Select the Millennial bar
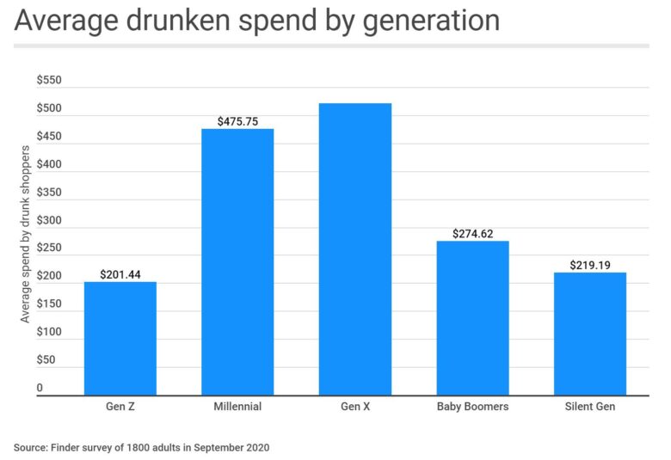coord(237,261)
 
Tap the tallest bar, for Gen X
coord(354,248)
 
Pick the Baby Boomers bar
coord(472,317)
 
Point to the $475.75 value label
coord(237,121)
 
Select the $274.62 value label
coord(472,233)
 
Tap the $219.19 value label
coord(589,265)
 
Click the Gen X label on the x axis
coord(354,407)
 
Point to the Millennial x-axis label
coord(237,407)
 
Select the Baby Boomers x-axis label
coord(472,407)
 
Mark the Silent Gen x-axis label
coord(589,407)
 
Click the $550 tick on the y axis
coord(49,80)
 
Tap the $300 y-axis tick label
coord(49,220)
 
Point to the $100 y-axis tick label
coord(49,332)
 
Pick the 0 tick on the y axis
coord(40,388)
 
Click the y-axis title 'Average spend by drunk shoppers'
coord(25,234)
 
